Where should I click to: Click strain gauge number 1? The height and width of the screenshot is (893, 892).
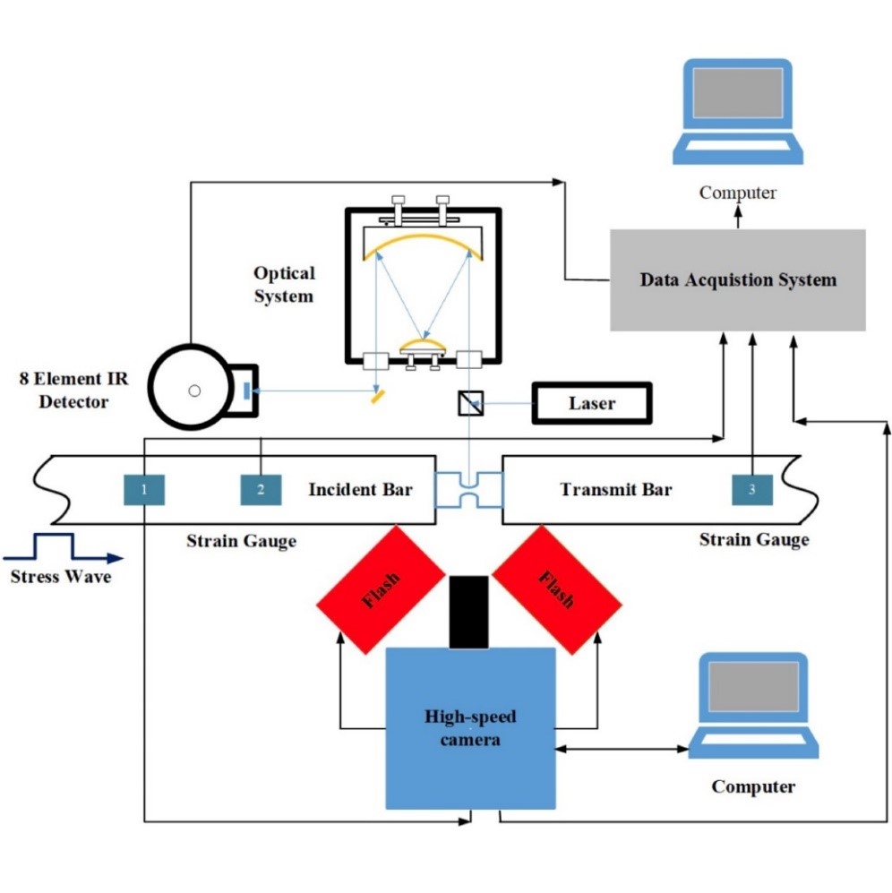[144, 489]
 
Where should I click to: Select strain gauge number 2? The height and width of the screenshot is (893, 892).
[261, 489]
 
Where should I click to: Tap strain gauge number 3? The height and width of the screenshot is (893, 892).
[751, 489]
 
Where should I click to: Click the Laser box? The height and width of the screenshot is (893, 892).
[592, 403]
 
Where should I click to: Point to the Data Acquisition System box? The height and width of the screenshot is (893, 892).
[737, 280]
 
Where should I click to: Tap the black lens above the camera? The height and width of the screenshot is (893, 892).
[468, 612]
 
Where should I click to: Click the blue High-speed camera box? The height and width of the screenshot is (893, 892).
[471, 727]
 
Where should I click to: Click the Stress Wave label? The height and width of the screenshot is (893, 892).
[61, 577]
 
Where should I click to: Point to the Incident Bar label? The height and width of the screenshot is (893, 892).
[360, 490]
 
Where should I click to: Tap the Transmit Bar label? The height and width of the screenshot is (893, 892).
[616, 490]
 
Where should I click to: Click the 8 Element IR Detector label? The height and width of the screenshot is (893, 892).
[73, 391]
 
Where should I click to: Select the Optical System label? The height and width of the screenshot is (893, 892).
[285, 285]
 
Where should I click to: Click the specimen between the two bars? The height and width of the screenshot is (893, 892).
[468, 490]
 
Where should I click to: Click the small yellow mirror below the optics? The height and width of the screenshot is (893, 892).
[378, 394]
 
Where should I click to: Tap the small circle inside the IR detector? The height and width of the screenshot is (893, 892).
[193, 391]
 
